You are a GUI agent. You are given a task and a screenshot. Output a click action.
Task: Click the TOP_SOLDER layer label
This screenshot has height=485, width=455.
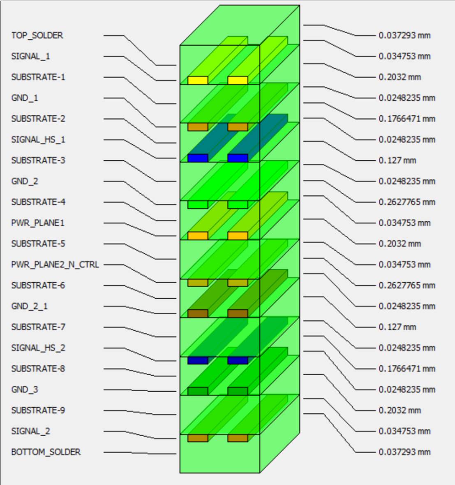37,35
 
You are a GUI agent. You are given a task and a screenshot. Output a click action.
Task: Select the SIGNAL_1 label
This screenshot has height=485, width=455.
30,56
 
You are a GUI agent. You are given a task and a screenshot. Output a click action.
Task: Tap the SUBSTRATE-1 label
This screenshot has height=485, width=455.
38,77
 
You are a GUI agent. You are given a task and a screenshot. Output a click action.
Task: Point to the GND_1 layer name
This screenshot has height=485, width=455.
24,98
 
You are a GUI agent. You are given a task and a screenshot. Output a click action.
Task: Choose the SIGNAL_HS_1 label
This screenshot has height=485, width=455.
38,139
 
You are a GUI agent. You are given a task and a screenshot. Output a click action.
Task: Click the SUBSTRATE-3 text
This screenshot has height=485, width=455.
38,160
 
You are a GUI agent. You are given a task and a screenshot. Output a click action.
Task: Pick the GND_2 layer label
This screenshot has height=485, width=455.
24,181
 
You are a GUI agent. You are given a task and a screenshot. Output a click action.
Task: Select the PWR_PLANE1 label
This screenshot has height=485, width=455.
37,223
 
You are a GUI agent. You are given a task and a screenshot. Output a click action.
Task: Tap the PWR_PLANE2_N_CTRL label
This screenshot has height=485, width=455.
55,265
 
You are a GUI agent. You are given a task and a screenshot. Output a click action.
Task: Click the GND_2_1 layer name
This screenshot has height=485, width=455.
29,306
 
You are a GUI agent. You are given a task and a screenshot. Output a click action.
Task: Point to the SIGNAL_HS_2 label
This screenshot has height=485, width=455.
38,348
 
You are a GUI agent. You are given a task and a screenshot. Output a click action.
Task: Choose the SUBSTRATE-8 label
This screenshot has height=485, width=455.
38,369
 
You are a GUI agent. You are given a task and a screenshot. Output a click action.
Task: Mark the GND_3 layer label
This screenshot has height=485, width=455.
24,390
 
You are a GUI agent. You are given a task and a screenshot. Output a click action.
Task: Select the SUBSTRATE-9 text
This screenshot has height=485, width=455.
38,410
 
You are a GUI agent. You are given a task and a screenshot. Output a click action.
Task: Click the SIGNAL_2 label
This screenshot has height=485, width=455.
30,431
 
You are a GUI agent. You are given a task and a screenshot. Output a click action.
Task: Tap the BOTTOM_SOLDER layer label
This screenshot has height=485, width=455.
46,452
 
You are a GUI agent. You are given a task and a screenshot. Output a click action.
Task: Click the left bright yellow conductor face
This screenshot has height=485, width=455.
198,80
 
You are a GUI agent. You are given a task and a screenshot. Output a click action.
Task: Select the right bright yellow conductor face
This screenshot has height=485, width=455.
238,80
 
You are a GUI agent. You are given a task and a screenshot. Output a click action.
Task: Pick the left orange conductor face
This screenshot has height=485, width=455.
198,236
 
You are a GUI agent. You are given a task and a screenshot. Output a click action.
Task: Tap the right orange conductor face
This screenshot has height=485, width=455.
238,236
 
